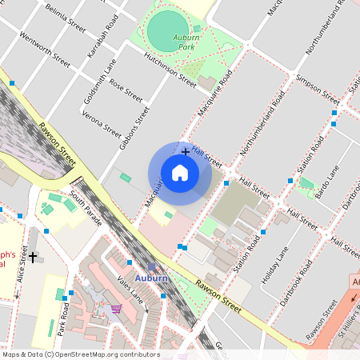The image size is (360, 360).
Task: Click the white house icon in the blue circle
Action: [x=180, y=173]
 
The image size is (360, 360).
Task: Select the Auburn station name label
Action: [x=151, y=278]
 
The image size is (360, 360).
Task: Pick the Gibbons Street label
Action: [x=135, y=127]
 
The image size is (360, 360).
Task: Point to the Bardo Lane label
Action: [x=326, y=183]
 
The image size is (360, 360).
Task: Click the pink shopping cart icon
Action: [x=117, y=308]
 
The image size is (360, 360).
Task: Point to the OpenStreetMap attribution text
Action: [x=80, y=354]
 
